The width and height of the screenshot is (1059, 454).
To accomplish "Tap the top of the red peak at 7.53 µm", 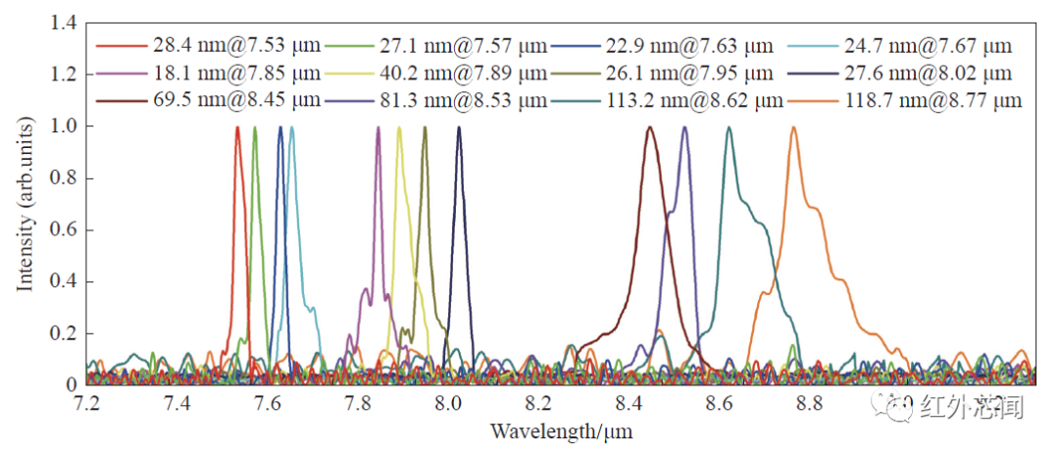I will [x=237, y=127].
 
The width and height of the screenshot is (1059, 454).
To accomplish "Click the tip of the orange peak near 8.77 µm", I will [x=793, y=127].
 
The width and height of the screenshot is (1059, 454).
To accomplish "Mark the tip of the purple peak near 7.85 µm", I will [x=378, y=127].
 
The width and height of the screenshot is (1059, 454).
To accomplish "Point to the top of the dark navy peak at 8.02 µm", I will [x=458, y=127].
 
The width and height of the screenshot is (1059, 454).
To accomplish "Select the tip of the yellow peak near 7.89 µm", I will [x=399, y=127].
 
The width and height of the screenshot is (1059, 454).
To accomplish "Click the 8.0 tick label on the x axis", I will [x=448, y=403].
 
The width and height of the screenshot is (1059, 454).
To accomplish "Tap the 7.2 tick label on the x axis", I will [x=87, y=403].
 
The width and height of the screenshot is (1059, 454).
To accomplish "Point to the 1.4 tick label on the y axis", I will [x=61, y=23].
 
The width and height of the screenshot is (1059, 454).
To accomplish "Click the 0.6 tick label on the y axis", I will [x=61, y=229].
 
